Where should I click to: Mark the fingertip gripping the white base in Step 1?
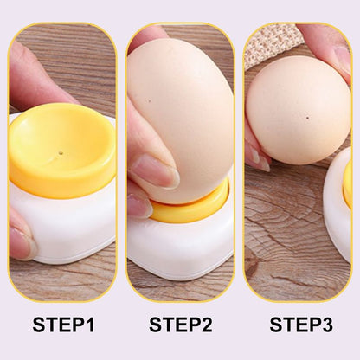[21, 243]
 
